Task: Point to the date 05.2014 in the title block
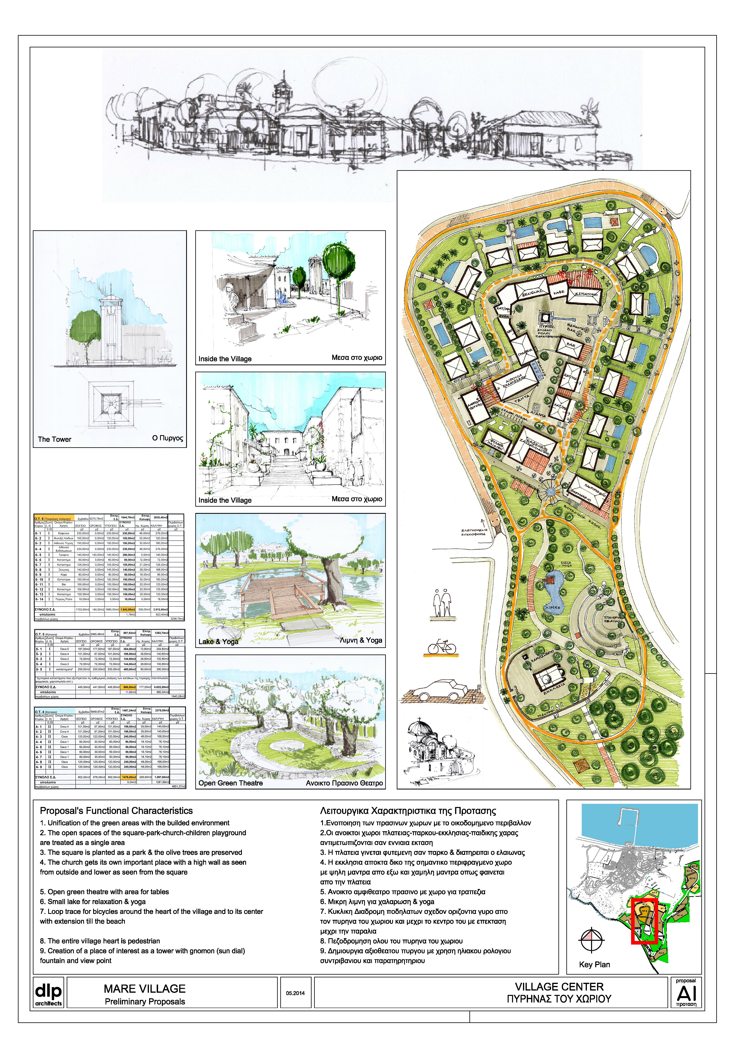pos(295,993)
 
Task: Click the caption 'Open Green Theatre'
pos(230,783)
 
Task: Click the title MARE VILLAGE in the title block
pos(145,989)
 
